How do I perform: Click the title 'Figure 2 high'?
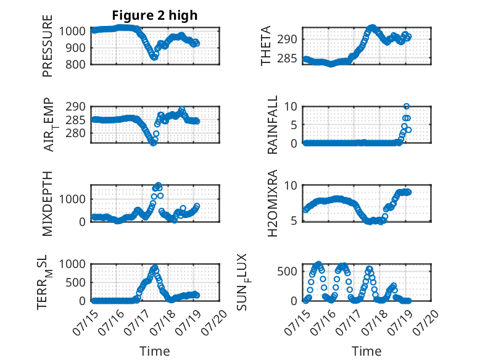tap(155, 15)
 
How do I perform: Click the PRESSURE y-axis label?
tap(48, 46)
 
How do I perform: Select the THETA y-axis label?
tap(266, 46)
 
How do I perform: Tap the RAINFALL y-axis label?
tap(272, 124)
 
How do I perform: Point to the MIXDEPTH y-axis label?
tap(48, 203)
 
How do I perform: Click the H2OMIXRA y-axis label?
tap(272, 203)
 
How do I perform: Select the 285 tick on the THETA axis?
tap(287, 58)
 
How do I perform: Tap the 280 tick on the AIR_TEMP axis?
tap(75, 133)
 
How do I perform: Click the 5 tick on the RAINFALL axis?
tap(294, 125)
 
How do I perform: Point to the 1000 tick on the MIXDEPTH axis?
tap(72, 199)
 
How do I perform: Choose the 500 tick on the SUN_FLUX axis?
tap(287, 271)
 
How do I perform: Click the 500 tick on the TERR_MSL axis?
tap(75, 282)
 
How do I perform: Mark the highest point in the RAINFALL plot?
tap(407, 106)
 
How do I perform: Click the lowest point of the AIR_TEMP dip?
tap(153, 143)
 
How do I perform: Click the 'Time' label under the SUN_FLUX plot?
tap(366, 351)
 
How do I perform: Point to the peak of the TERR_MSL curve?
tap(155, 267)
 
